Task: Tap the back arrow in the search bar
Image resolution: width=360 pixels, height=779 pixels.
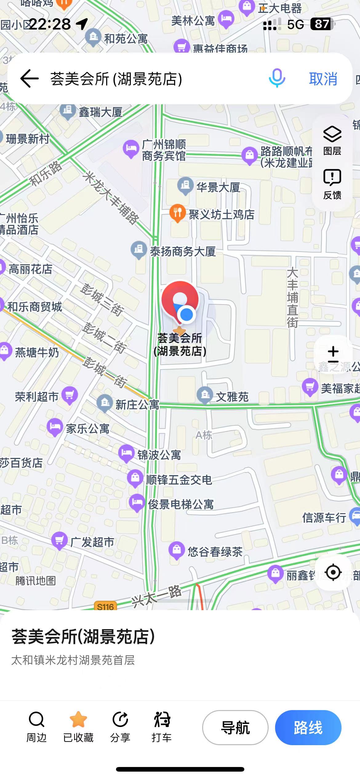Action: pyautogui.click(x=30, y=79)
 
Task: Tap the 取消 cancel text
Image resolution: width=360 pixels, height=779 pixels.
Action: pyautogui.click(x=323, y=79)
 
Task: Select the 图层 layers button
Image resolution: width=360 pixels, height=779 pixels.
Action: pyautogui.click(x=332, y=140)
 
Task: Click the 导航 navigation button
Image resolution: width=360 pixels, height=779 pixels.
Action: pyautogui.click(x=235, y=728)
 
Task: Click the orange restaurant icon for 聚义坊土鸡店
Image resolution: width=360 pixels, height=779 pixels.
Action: pyautogui.click(x=178, y=213)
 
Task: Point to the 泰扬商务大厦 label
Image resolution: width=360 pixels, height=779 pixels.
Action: pyautogui.click(x=183, y=252)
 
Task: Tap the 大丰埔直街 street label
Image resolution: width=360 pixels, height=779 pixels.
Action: pyautogui.click(x=292, y=298)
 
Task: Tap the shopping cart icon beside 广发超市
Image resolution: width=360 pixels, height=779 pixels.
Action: pyautogui.click(x=59, y=540)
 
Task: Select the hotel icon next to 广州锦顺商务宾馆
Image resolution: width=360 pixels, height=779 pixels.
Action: pyautogui.click(x=131, y=149)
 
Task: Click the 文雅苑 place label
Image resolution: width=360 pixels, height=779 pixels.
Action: pyautogui.click(x=232, y=397)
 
